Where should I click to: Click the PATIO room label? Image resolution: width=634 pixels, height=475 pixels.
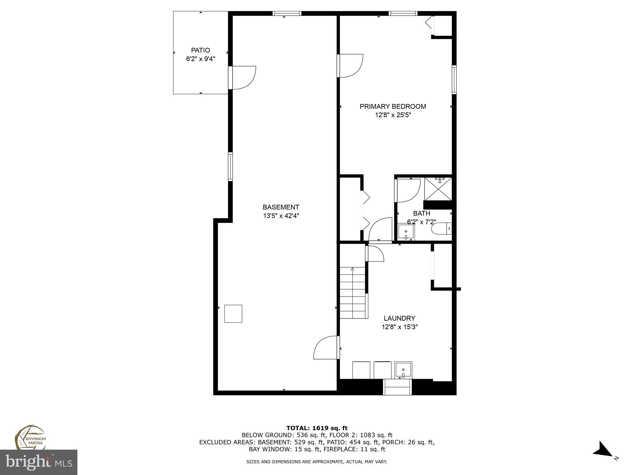pos(200,50)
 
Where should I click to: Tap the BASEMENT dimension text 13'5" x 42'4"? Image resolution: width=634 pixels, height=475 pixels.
pos(281,216)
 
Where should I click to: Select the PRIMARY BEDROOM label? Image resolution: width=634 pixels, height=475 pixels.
pos(393,106)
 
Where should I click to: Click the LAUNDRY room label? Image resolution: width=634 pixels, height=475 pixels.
pos(399,318)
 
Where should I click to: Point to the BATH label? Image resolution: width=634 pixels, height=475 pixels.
pos(421,213)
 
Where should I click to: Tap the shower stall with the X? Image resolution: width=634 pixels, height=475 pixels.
pos(438,189)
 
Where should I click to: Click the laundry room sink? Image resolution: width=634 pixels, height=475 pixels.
pos(403,370)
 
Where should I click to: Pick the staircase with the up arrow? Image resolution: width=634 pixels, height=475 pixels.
pos(353,292)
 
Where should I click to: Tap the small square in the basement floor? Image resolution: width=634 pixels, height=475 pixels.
pos(233,314)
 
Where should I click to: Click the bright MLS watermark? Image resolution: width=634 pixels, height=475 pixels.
pos(39,462)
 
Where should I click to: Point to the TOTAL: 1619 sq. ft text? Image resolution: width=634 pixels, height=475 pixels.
pos(317,428)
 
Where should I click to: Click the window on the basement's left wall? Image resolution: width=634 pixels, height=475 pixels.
pos(230,166)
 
